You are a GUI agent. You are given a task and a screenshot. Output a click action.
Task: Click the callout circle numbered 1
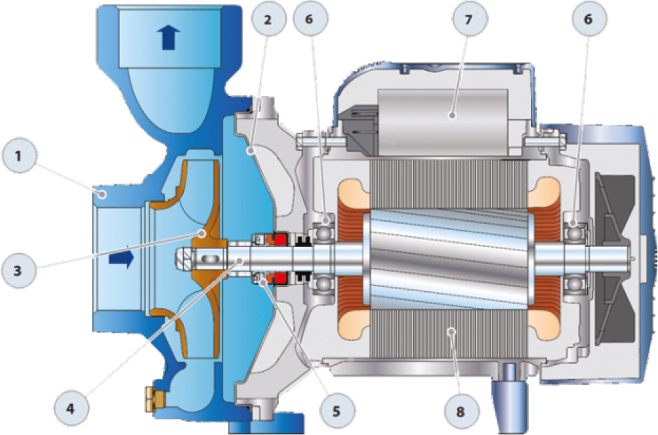(x=19, y=156)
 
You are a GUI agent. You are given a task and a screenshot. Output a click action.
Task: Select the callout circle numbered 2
(x=268, y=19)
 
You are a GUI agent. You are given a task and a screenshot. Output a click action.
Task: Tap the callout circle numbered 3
(x=18, y=270)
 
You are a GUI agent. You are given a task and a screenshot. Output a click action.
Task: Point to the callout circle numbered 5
(x=337, y=410)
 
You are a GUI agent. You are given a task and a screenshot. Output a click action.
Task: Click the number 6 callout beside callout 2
(x=310, y=19)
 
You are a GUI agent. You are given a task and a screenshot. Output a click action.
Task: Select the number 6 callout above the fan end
(x=588, y=19)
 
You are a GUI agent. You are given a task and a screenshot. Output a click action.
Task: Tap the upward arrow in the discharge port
(x=169, y=37)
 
